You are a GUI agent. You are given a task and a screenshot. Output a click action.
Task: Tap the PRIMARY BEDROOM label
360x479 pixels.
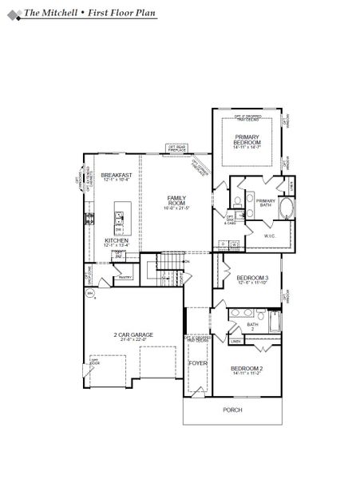coord(247,139)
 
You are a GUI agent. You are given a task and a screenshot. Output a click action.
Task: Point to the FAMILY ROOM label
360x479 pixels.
coord(176,200)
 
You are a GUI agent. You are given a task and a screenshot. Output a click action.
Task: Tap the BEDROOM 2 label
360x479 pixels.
coord(247,368)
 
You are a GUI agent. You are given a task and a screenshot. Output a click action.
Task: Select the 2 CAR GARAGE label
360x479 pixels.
coord(134,335)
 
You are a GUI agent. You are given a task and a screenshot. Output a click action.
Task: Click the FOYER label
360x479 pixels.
coord(197,363)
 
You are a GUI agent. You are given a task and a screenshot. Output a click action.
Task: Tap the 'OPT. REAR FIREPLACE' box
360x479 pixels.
coord(176,147)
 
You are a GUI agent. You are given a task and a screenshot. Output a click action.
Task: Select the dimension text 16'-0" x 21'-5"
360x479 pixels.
coord(176,207)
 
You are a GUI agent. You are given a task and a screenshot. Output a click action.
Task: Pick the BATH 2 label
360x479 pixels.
coord(252,326)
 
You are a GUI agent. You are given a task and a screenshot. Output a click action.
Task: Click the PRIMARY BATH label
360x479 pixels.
coord(266,203)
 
